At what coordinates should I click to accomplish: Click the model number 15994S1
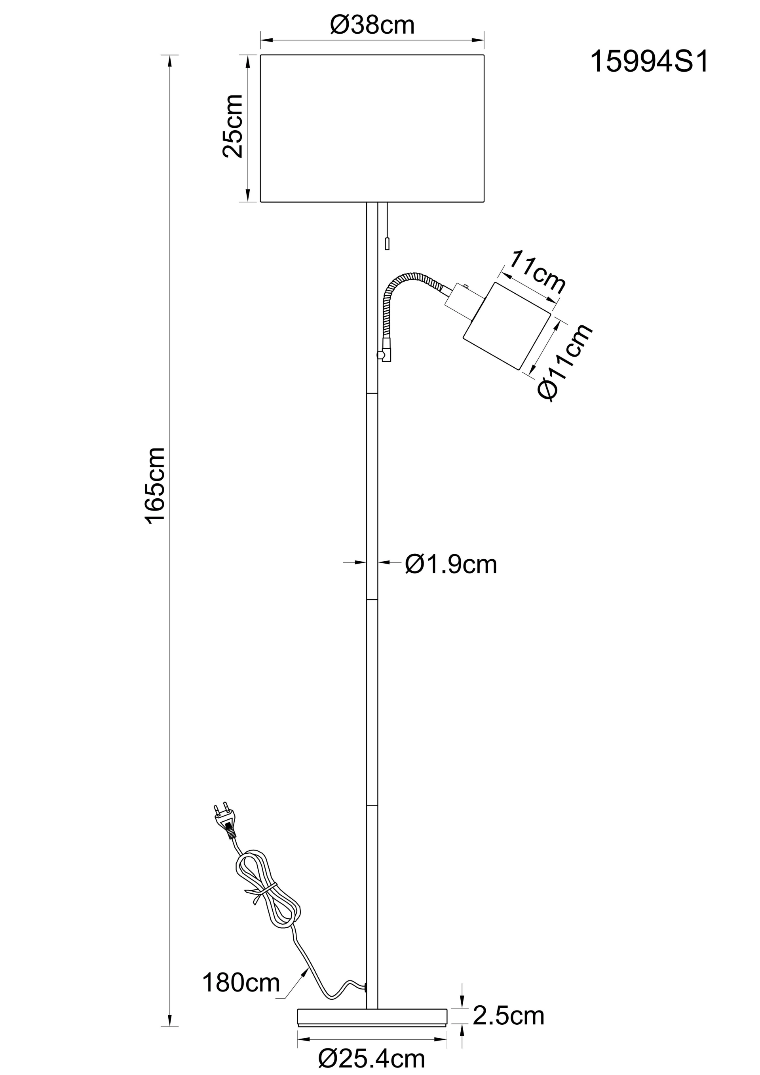(650, 62)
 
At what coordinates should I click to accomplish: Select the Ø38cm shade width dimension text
(372, 25)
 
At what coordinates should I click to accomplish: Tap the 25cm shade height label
(233, 126)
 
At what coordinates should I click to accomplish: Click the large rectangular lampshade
(372, 128)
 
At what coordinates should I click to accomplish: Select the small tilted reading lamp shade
(507, 326)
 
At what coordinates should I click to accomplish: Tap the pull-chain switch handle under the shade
(387, 243)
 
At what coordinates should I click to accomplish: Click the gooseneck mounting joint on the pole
(383, 356)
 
